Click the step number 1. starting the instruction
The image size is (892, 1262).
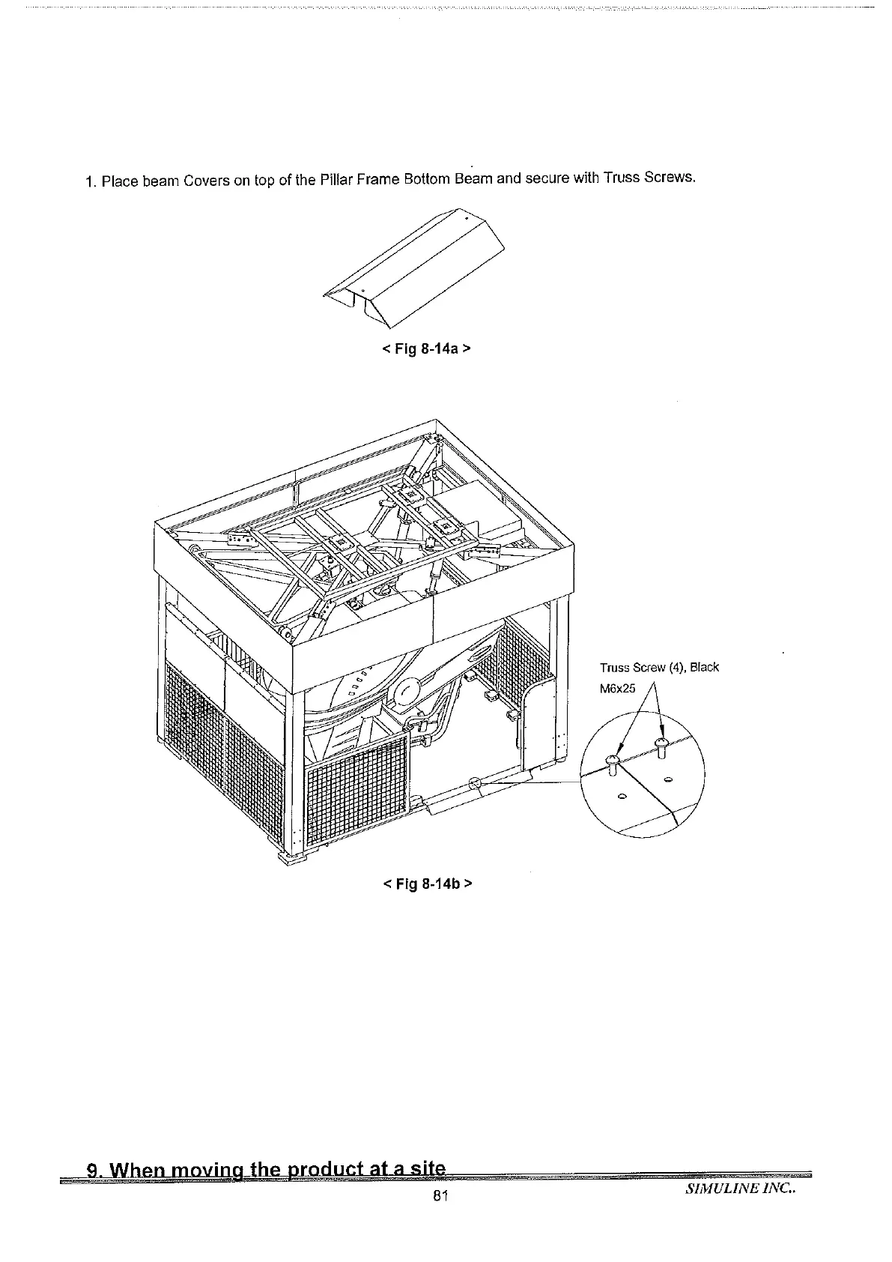(x=91, y=182)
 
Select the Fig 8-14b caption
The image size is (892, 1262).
(x=427, y=883)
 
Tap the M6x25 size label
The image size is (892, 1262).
(x=618, y=688)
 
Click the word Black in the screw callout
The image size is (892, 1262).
(x=704, y=667)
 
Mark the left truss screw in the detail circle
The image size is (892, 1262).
(x=612, y=764)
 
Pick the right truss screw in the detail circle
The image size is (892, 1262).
(x=661, y=746)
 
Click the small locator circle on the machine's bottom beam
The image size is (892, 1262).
(x=474, y=784)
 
